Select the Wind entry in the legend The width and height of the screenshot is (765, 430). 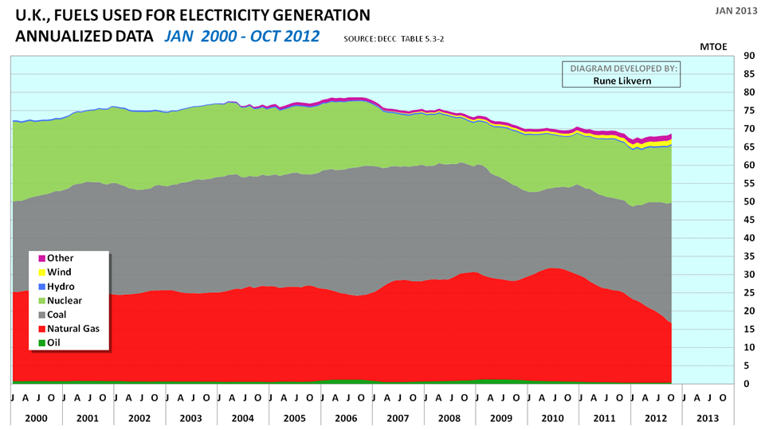pos(60,272)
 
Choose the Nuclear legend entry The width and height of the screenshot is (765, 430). pos(65,301)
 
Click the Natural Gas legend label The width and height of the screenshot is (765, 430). pos(74,329)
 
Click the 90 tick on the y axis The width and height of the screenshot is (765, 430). pos(749,56)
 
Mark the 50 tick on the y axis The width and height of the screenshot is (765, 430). pos(749,201)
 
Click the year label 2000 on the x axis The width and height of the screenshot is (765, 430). pos(37,417)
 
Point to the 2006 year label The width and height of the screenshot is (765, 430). pos(347,417)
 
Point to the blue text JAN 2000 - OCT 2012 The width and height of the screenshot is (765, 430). pos(241,36)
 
